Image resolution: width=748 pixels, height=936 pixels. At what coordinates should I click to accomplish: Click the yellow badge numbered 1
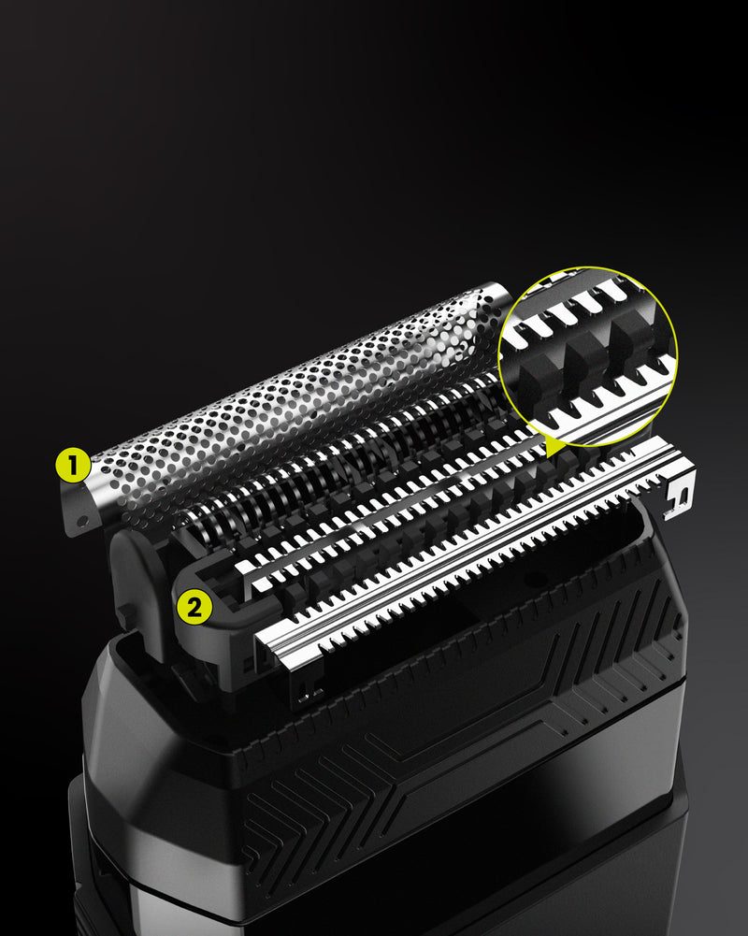coord(73,466)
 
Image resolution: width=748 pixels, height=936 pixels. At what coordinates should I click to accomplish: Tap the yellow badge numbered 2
coord(194,607)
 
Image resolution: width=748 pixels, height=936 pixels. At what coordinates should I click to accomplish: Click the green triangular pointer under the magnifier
coord(555,445)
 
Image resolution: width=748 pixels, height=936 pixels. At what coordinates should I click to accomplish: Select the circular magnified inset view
coord(588,356)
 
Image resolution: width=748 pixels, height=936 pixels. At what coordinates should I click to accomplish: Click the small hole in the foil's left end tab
coord(82,521)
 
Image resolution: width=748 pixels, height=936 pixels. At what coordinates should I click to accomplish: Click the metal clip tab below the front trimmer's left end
coord(308,686)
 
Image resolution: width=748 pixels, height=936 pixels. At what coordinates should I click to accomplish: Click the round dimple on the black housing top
coord(535,579)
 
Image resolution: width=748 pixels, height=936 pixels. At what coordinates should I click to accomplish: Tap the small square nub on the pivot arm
coord(126,613)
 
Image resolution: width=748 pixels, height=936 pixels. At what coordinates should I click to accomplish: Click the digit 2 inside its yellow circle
coord(194,608)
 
